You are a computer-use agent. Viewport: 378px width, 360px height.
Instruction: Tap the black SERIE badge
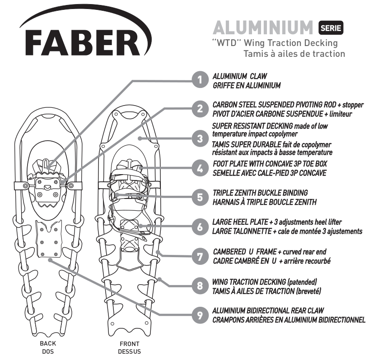(x=331, y=28)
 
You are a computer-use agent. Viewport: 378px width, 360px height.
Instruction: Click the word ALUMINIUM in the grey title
(x=263, y=28)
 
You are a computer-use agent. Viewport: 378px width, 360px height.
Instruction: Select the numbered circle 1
(x=200, y=80)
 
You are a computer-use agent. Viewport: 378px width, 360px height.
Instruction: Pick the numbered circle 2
(x=200, y=109)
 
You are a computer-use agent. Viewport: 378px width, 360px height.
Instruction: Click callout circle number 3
(x=200, y=138)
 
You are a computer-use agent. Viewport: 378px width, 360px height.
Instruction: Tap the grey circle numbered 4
(x=200, y=168)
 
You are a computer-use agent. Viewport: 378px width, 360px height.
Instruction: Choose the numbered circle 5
(x=200, y=198)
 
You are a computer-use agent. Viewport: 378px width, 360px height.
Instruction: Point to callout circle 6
(x=200, y=227)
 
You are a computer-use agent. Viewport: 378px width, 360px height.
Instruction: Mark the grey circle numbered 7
(x=200, y=256)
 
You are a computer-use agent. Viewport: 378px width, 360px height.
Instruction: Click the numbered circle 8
(x=200, y=286)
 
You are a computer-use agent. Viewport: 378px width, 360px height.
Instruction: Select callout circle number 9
(x=200, y=315)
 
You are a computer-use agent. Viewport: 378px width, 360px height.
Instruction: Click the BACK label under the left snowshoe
(x=48, y=343)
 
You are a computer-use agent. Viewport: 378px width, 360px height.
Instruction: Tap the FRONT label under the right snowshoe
(x=130, y=344)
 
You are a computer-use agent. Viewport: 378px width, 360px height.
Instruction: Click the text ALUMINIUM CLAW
(x=240, y=76)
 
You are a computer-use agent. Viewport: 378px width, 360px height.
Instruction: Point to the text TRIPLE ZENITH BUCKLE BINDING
(x=260, y=193)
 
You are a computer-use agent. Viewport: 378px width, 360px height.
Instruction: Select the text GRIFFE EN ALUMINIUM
(x=247, y=85)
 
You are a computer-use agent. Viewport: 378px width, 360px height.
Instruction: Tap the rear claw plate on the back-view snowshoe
(x=49, y=238)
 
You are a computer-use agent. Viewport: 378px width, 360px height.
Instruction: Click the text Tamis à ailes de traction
(x=294, y=54)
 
